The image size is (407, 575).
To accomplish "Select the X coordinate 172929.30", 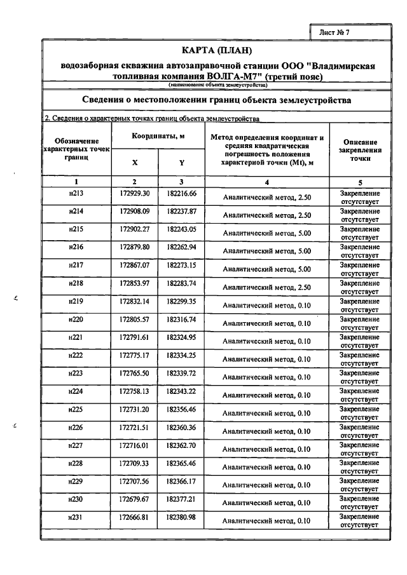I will [x=134, y=193].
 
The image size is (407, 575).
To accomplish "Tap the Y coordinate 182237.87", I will [x=181, y=211].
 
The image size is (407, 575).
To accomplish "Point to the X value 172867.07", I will [x=134, y=264].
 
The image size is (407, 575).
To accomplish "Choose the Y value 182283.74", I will [x=181, y=282].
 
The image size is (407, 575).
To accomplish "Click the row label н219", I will [x=76, y=301].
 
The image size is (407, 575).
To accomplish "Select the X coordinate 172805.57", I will [x=134, y=318].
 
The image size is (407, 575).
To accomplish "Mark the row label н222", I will [x=76, y=355].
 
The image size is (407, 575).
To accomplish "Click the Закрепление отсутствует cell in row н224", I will [x=360, y=395].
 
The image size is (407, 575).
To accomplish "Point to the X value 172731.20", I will [x=134, y=409].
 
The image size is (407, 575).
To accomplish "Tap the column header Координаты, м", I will [x=158, y=137].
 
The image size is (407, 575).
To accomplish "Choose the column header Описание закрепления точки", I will [x=360, y=150].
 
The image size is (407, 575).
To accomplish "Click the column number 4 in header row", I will [x=267, y=182].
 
